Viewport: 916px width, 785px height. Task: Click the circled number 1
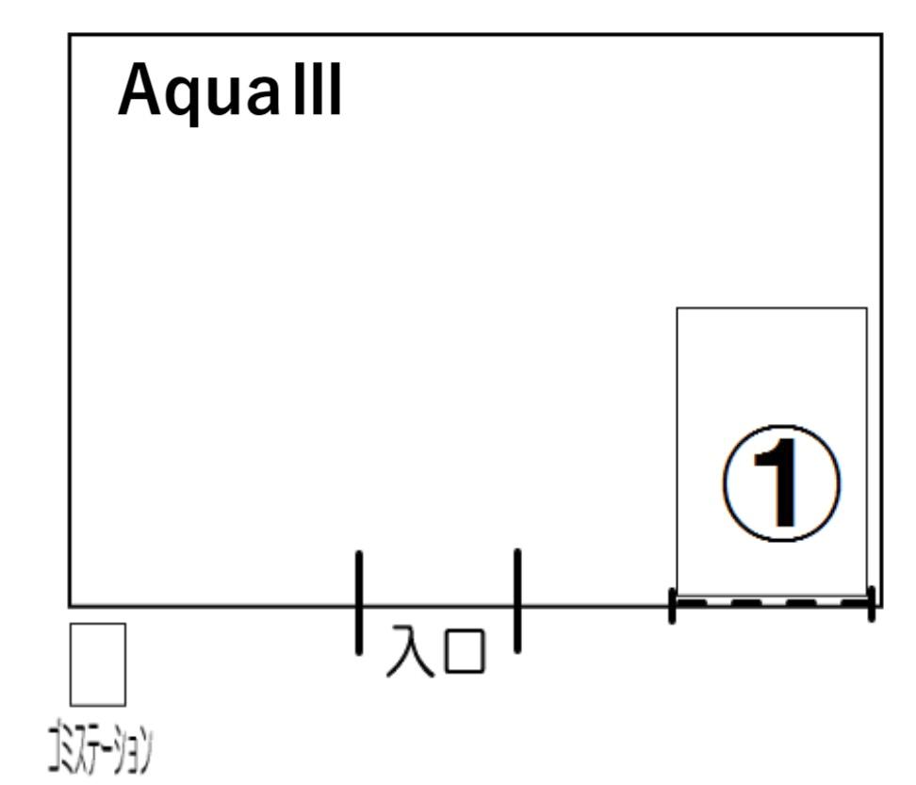[x=781, y=482]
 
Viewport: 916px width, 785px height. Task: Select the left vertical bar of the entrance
[x=359, y=601]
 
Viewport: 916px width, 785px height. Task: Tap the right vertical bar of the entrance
[x=517, y=600]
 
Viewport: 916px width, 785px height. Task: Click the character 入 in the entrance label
[x=410, y=653]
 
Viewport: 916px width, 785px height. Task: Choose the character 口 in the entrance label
[x=465, y=652]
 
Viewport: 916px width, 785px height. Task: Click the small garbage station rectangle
[x=97, y=663]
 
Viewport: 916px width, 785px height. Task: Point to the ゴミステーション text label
[x=101, y=746]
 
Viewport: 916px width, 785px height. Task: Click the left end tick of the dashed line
[x=672, y=604]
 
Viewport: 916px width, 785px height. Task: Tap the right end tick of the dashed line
[x=872, y=603]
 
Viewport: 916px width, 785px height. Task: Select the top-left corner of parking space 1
[x=678, y=308]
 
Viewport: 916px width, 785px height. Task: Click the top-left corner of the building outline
[x=70, y=36]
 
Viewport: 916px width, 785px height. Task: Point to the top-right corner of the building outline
[x=881, y=36]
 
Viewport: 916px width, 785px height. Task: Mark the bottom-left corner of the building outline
[x=70, y=605]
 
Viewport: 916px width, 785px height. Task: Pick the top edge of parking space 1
[x=772, y=308]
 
